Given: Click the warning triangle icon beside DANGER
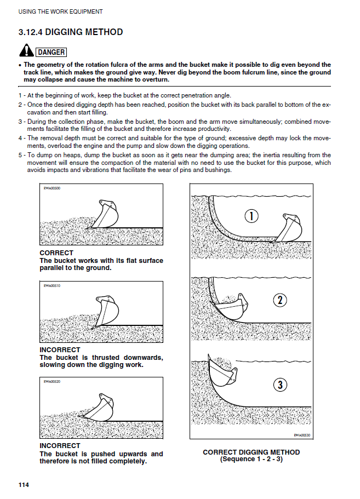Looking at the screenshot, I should point(26,51).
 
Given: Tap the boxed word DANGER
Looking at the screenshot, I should point(51,53).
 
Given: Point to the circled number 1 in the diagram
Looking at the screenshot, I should point(251,216).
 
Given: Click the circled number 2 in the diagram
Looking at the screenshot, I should point(280,300).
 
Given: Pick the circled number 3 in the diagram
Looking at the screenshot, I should point(280,385).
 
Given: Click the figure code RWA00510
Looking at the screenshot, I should point(52,286).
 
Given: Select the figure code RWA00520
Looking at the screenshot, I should point(52,382).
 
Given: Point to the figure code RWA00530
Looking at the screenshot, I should point(301,435).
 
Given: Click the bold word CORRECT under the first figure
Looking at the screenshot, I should point(56,253).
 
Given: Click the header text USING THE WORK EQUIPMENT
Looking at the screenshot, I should point(60,12).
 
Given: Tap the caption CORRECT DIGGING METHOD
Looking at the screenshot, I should point(252,452).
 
